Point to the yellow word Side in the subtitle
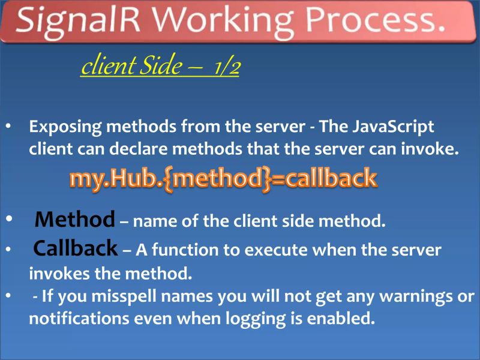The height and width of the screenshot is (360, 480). (154, 67)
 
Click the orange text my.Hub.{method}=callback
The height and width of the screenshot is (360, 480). (223, 179)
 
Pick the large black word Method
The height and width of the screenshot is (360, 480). (75, 220)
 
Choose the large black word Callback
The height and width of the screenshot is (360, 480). (75, 248)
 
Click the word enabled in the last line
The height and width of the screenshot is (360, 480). (340, 319)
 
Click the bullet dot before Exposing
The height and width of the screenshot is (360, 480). (9, 127)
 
